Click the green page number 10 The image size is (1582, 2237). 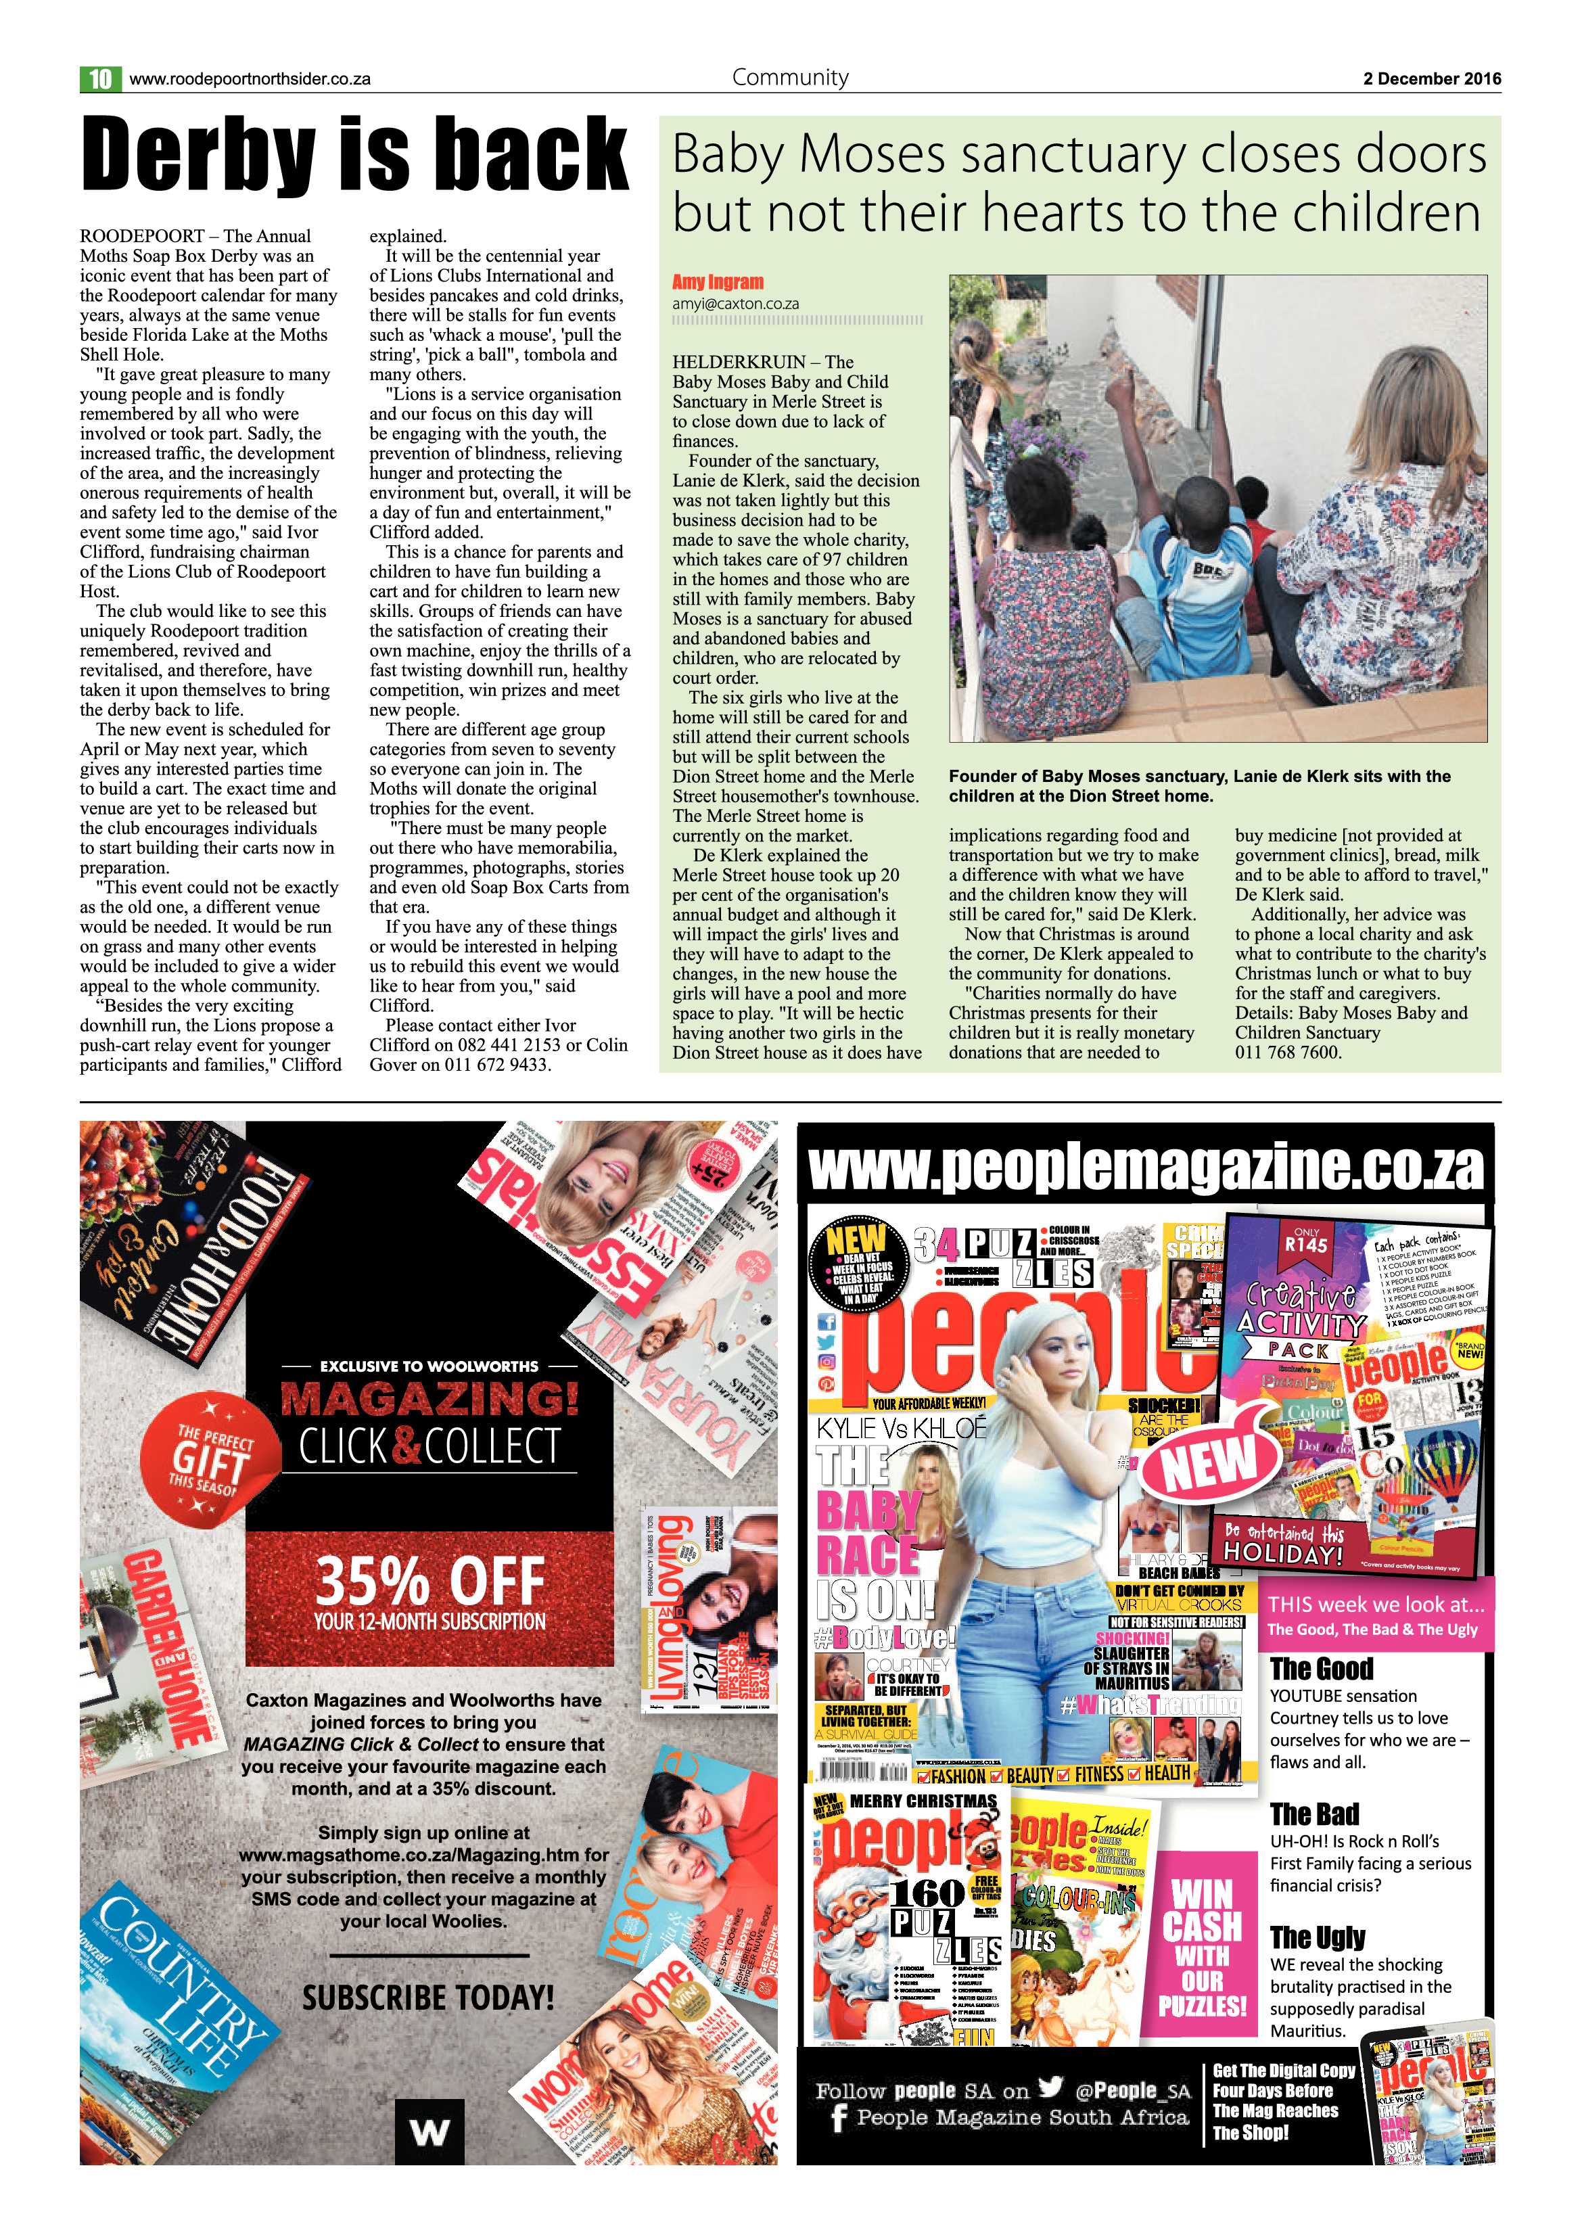click(100, 79)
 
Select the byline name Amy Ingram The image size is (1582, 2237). click(718, 283)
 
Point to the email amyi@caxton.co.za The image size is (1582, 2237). click(735, 303)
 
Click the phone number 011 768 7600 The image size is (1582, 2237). click(1288, 1053)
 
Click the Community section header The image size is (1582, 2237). click(790, 77)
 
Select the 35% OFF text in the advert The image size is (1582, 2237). click(429, 1582)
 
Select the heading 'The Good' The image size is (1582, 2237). click(1321, 1669)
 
